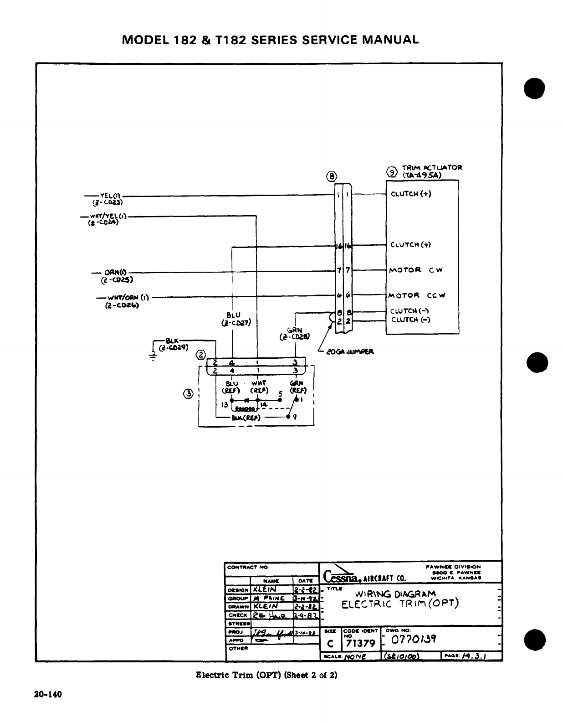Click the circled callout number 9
click(x=391, y=171)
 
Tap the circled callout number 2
click(x=201, y=355)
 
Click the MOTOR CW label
click(x=415, y=270)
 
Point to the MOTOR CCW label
click(x=417, y=295)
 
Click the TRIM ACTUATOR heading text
click(x=432, y=167)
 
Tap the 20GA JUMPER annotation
click(x=350, y=351)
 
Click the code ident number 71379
click(x=360, y=643)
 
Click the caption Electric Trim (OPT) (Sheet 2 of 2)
click(x=266, y=675)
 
